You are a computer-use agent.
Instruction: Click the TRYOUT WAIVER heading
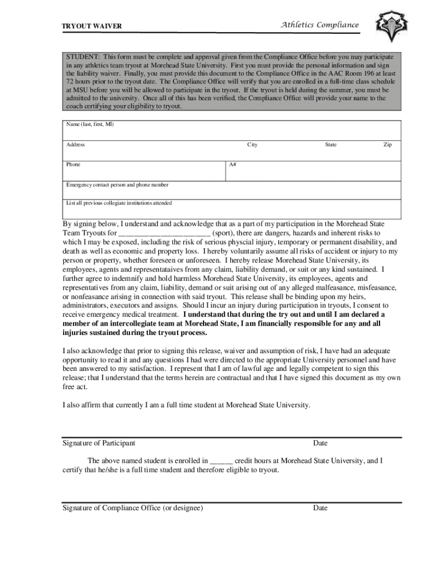tap(92, 27)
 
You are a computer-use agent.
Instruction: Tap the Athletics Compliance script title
tap(320, 25)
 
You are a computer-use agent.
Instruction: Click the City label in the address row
tap(252, 145)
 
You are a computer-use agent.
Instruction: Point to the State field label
tap(331, 145)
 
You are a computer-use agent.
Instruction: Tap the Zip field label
tap(388, 145)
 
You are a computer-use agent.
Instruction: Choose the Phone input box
tap(143, 171)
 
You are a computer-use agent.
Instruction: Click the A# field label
tap(233, 165)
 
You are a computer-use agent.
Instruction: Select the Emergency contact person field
tap(231, 190)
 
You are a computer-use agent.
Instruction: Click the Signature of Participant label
tap(98, 443)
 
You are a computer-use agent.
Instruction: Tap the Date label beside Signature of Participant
tap(320, 443)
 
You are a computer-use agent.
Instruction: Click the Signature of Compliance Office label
tap(132, 508)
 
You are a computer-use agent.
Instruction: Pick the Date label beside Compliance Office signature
tap(320, 508)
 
